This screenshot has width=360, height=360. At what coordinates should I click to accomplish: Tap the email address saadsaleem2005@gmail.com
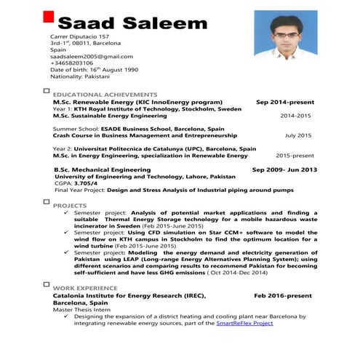(81, 56)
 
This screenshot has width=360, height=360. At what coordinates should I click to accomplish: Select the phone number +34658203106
(73, 63)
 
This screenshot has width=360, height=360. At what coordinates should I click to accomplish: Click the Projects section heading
(70, 207)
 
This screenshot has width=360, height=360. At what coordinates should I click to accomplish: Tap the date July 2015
(297, 135)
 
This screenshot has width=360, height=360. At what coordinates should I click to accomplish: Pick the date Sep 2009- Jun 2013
(284, 169)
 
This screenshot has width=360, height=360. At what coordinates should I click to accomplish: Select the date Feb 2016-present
(282, 296)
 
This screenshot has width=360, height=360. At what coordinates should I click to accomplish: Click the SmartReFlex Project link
(244, 322)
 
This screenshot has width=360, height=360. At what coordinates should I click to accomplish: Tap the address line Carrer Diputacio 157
(79, 36)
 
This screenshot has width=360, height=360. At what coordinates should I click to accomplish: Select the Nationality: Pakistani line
(80, 76)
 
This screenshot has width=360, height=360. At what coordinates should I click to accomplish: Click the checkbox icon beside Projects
(47, 204)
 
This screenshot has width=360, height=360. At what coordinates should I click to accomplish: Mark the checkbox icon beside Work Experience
(47, 287)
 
